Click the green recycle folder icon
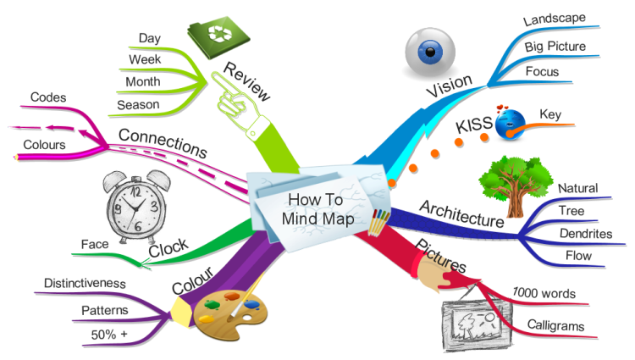[x=218, y=37]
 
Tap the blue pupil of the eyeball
[x=430, y=52]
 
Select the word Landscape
[x=554, y=19]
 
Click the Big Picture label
[x=555, y=47]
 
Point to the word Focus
[x=542, y=72]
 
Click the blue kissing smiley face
[x=510, y=123]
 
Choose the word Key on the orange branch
[x=550, y=114]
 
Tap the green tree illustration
[x=515, y=186]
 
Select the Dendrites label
[x=586, y=234]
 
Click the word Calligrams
[x=555, y=325]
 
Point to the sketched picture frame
[x=477, y=324]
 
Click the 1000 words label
[x=544, y=293]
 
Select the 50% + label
[x=109, y=335]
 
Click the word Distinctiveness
[x=85, y=283]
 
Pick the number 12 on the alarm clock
[x=135, y=191]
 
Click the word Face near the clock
[x=95, y=244]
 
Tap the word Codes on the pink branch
[x=48, y=97]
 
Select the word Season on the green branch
[x=138, y=105]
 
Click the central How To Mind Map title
[x=317, y=209]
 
